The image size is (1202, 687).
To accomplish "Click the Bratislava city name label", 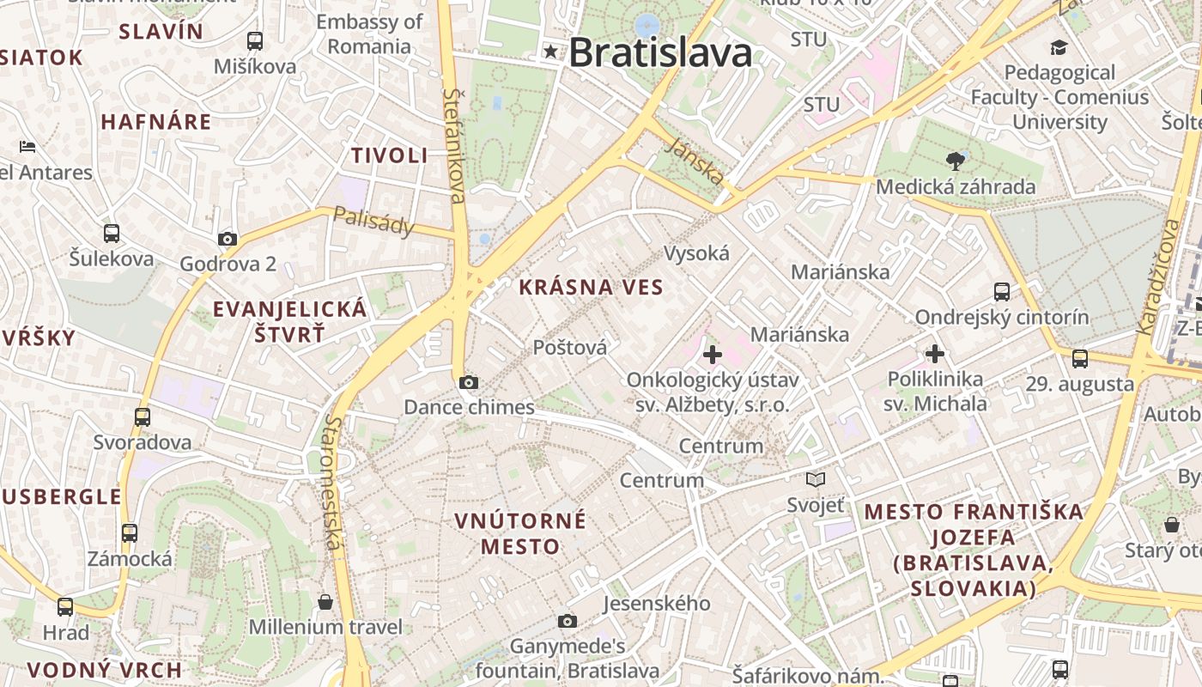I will point(660,53).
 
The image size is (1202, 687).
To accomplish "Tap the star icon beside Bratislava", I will point(550,52).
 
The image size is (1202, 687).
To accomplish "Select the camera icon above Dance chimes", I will point(469,383).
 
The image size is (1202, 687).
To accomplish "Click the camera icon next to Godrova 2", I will point(228,239).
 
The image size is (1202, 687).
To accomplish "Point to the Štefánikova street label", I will point(454,145).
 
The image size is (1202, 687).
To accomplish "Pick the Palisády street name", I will point(373,221).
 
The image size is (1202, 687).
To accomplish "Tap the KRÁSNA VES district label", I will point(592,288).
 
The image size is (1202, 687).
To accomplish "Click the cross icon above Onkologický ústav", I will point(712,354).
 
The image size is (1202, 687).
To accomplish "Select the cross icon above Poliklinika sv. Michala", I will point(935,353).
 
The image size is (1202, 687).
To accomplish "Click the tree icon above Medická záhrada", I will point(955,161).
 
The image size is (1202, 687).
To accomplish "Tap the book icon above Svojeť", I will point(816,480).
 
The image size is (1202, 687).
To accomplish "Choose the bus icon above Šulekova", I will point(112,233).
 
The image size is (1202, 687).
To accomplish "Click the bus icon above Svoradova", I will point(143,417).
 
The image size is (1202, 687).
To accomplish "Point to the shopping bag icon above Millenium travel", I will point(325,602).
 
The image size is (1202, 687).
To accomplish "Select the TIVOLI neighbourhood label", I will point(389,155).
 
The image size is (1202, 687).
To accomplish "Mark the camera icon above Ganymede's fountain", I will point(568,621).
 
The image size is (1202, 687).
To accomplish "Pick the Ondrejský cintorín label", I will point(1001,317).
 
